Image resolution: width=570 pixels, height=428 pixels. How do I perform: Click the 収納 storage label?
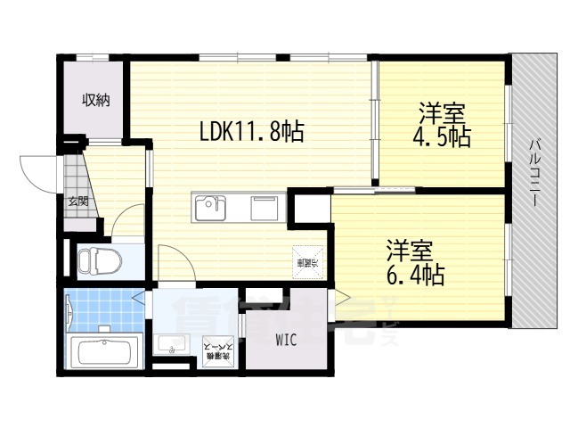[96, 101]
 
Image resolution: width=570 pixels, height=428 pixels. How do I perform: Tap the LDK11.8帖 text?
[251, 133]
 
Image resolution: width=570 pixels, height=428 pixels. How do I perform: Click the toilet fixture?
[94, 262]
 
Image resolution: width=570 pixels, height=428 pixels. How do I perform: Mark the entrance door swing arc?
[37, 169]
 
